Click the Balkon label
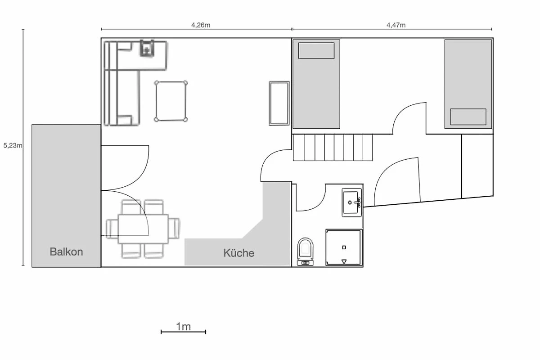click(66, 252)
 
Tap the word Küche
click(238, 253)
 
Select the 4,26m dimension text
click(201, 25)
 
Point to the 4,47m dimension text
click(396, 25)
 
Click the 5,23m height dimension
click(13, 145)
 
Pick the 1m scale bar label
click(183, 327)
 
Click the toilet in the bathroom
click(305, 252)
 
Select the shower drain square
click(344, 247)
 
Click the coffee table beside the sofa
click(171, 101)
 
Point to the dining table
click(143, 229)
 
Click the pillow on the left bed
click(316, 51)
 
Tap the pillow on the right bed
click(468, 117)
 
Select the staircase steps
click(333, 148)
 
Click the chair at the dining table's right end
click(174, 228)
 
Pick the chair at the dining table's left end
click(112, 229)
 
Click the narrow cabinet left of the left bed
click(279, 103)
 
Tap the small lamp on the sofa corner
click(147, 49)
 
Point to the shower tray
click(344, 247)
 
